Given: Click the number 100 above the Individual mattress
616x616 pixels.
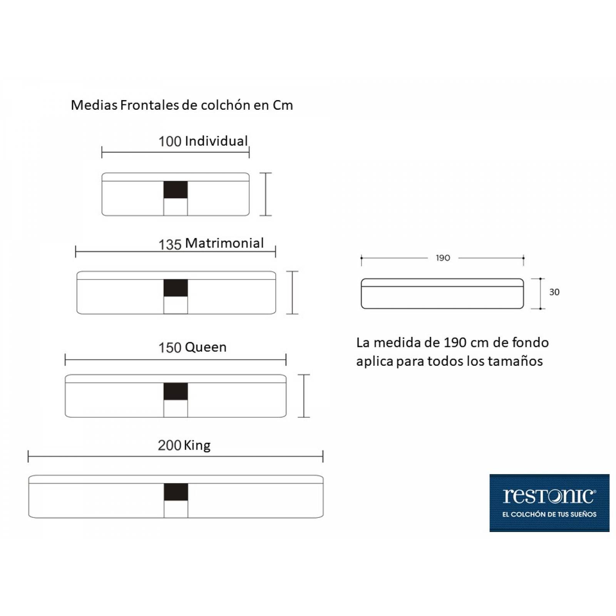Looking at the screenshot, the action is pos(170,141).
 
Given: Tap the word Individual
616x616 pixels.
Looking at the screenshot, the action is pos(216,141).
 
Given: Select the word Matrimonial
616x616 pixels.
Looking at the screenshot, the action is pos(224,243).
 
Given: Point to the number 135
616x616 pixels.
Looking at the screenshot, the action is pos(170,244).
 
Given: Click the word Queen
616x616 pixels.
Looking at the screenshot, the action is pos(206,347).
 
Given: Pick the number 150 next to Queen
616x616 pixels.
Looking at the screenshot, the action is pos(170,348).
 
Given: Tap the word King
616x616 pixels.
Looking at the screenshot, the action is pos(197,446).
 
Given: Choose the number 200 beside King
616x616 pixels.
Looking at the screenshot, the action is pos(169,445).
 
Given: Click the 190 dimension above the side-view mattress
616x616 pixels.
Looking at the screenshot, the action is pos(443,258).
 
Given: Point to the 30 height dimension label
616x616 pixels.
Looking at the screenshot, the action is pos(554,292).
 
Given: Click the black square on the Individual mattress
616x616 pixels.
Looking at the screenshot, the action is pos(176,190).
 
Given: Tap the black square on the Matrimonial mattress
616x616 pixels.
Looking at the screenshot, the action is pos(176,288).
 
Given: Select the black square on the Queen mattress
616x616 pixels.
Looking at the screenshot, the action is pos(176,392).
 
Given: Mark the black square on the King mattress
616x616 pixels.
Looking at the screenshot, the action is pos(176,492).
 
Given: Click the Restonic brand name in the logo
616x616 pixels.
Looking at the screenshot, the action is pos(549,496).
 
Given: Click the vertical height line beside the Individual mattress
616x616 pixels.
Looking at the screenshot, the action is pos(266,194).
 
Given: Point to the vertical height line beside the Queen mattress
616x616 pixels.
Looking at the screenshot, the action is pos(304,396).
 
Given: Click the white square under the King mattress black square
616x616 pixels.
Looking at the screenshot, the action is pos(176,509).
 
